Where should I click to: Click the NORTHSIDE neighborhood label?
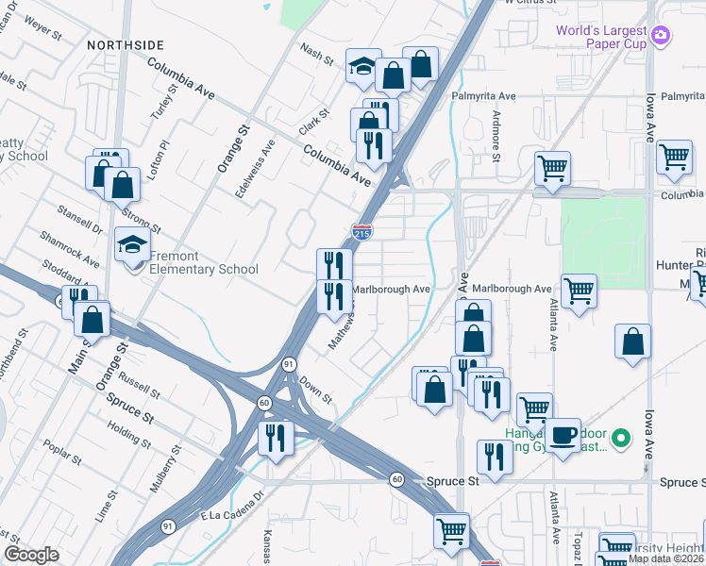pyautogui.click(x=126, y=44)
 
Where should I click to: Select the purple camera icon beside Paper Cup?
pyautogui.click(x=662, y=35)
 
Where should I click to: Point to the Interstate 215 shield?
pyautogui.click(x=361, y=231)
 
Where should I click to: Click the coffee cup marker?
pyautogui.click(x=563, y=436)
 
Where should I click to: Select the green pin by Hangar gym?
pyautogui.click(x=620, y=439)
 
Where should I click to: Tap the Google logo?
pyautogui.click(x=30, y=555)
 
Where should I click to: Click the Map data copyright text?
pyautogui.click(x=665, y=558)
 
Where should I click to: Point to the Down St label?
pyautogui.click(x=316, y=390)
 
